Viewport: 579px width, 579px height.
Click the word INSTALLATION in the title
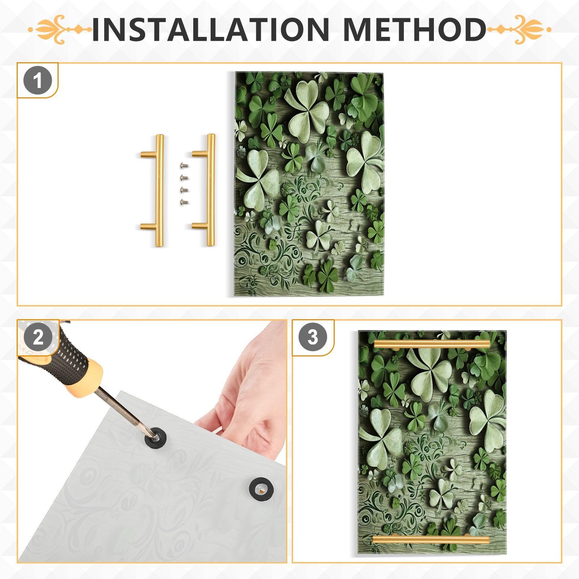[210, 29]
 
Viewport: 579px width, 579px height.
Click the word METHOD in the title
[414, 29]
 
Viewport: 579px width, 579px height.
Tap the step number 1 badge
[38, 81]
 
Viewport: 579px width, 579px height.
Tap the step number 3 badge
[313, 337]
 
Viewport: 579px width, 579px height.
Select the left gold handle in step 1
[159, 190]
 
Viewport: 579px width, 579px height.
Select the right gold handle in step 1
[210, 190]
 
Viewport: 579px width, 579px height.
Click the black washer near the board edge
[261, 489]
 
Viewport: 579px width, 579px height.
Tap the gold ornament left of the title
[60, 29]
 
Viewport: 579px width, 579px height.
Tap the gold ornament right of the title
[519, 29]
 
